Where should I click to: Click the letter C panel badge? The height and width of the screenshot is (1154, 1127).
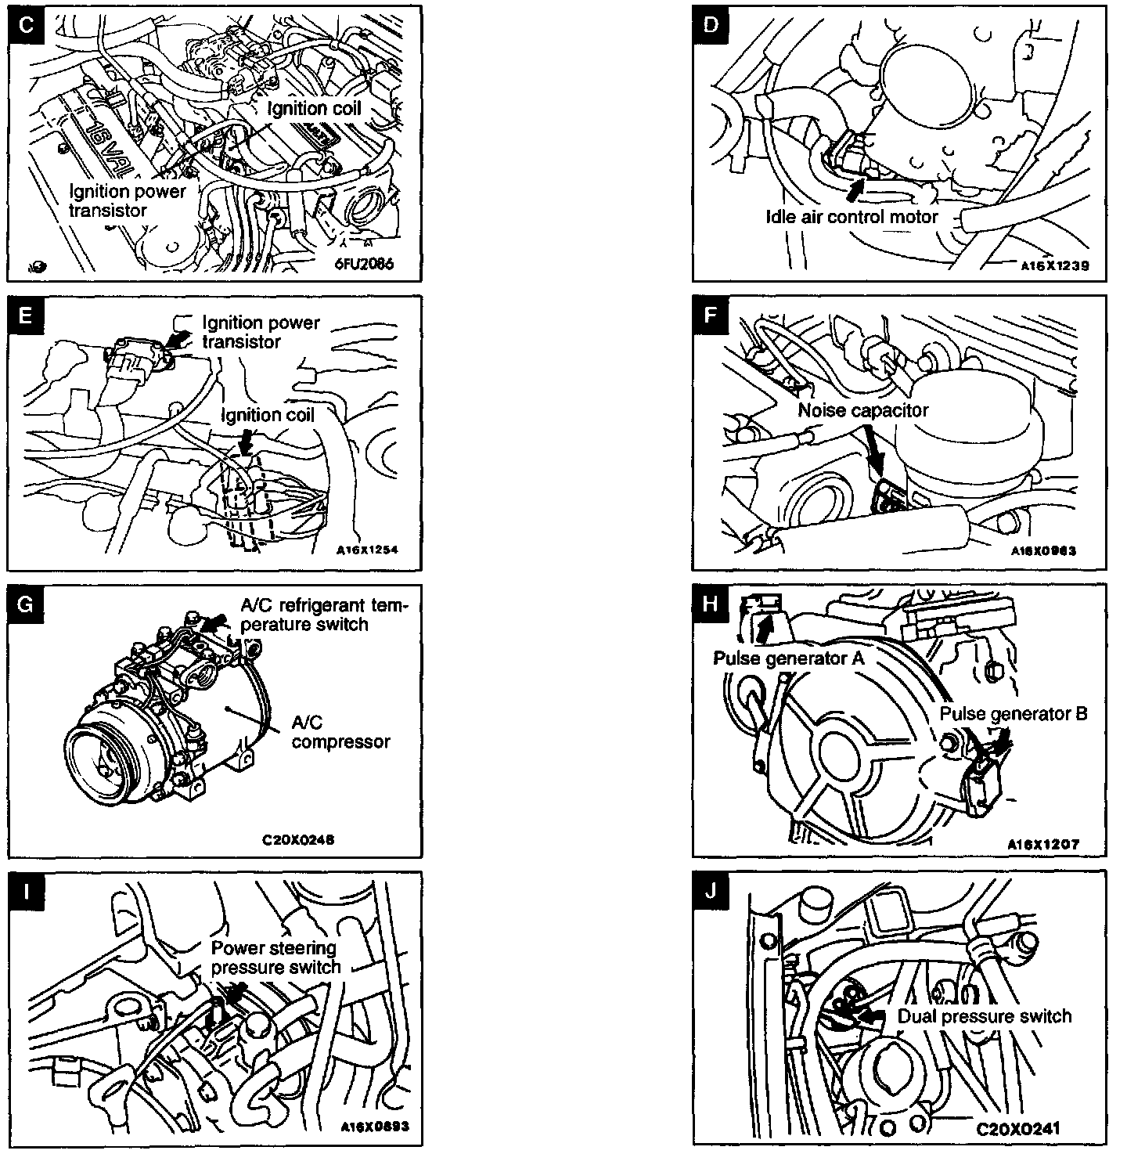[x=26, y=25]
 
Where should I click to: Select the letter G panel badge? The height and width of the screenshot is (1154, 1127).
[x=26, y=604]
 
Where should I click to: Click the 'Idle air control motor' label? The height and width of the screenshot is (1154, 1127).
[x=852, y=216]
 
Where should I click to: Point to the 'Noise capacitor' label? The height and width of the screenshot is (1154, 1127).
[x=863, y=410]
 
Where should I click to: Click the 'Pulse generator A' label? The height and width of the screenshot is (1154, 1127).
[x=788, y=658]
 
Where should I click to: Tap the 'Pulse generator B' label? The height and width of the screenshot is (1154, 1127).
[x=1013, y=714]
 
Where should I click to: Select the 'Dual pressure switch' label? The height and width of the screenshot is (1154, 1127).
[x=984, y=1016]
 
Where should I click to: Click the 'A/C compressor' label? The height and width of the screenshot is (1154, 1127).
[x=340, y=732]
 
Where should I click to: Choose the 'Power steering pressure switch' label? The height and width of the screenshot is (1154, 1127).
[x=276, y=957]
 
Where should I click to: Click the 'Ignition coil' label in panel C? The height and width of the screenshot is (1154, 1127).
[x=315, y=108]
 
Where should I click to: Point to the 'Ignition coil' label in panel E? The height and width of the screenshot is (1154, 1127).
[x=268, y=415]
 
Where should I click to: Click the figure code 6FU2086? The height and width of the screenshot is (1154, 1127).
[x=364, y=264]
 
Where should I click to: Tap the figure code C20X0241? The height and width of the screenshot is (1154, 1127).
[x=1017, y=1129]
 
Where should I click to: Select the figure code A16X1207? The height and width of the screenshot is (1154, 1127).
[x=1044, y=845]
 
